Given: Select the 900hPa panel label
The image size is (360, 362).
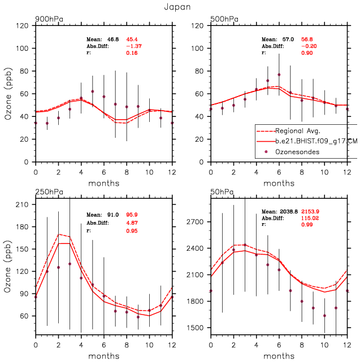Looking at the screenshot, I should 49,19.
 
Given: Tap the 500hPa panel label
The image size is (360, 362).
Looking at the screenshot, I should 224,19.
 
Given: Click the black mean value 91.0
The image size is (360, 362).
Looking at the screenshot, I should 112,215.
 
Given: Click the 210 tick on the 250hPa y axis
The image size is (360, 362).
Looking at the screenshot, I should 23,204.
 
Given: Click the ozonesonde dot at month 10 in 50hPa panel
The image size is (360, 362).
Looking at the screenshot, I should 324,316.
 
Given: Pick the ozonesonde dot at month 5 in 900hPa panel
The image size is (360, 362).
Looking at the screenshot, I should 93,91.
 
